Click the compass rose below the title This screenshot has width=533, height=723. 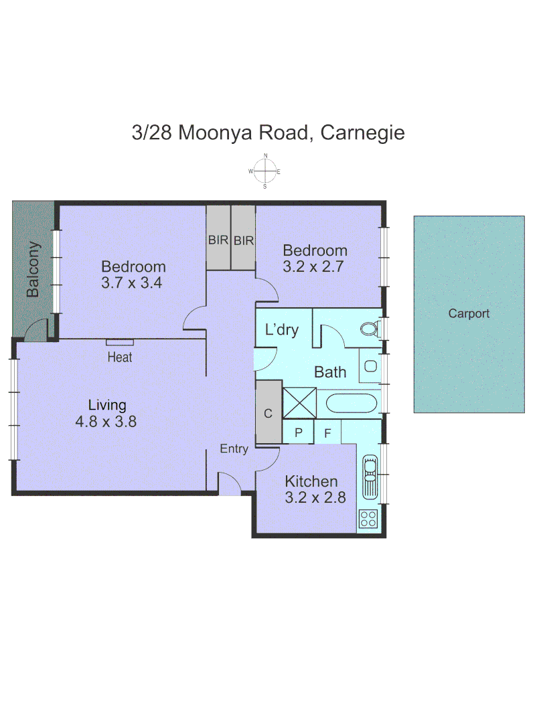coord(265,171)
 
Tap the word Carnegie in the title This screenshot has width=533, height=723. coord(362,133)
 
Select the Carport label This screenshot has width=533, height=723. coord(469,313)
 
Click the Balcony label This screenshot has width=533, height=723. coord(33,270)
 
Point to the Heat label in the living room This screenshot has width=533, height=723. coord(120,357)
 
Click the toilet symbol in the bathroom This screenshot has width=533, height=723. coord(369,329)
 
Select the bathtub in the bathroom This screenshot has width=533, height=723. coord(352,403)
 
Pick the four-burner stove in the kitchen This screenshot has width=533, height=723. coord(368,517)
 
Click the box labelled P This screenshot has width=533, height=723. coord(299,432)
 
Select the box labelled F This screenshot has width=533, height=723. coord(327,432)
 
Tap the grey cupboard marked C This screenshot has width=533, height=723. coord(269,412)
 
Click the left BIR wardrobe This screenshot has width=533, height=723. coord(218,238)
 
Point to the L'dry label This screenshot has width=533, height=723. coord(282,329)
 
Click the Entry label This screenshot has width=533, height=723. coord(234,449)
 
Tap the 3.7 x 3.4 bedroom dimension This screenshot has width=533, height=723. coord(133,283)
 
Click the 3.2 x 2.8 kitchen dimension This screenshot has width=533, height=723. coord(311,498)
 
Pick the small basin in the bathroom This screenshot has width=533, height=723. coord(370,366)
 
